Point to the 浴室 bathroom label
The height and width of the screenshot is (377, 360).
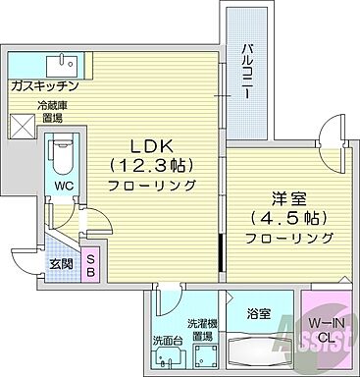[259, 313]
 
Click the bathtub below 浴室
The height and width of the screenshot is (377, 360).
[260, 349]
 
